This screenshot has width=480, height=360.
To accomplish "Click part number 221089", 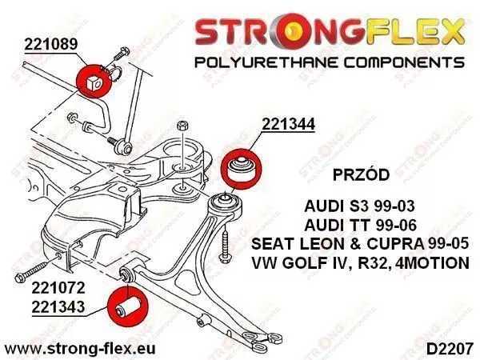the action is click(51, 44).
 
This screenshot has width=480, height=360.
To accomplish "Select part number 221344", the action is click(288, 124).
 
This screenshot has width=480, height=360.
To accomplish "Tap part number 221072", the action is click(58, 288).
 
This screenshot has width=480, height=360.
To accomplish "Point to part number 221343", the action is click(58, 307).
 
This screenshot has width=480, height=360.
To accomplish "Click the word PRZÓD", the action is click(361, 174).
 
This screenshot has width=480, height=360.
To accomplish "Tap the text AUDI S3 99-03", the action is click(359, 206).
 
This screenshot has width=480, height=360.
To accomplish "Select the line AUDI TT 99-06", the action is click(360, 226).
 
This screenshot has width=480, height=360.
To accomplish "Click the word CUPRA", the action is click(396, 244).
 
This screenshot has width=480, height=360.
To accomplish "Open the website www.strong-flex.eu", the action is click(80, 348).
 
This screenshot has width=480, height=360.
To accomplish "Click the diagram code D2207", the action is click(450, 349).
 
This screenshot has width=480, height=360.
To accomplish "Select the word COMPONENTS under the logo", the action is click(404, 62).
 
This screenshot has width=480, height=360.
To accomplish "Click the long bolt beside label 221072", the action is click(31, 271).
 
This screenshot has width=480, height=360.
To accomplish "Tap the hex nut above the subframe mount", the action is click(182, 126).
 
